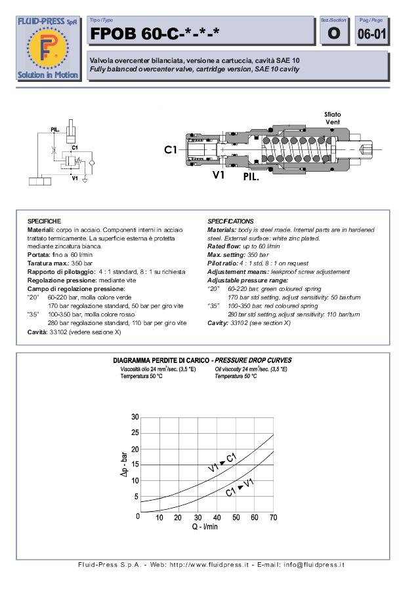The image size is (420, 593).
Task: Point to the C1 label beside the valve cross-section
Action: coord(171,150)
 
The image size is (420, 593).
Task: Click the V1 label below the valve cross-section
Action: coord(220,175)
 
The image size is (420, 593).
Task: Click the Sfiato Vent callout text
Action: coord(333,118)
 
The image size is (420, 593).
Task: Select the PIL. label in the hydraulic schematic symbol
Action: coord(56,130)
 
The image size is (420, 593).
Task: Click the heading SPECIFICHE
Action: coord(44,221)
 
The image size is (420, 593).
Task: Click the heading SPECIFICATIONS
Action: coord(230,221)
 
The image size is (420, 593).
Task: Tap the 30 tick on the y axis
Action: coord(135,417)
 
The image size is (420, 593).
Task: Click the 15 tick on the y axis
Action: coord(135,465)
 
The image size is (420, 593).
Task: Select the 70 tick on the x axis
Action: coord(273,518)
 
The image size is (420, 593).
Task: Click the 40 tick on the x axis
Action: coord(217,518)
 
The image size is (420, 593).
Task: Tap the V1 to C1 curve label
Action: coord(222,462)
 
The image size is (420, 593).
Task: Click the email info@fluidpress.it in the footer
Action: coord(310,564)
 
